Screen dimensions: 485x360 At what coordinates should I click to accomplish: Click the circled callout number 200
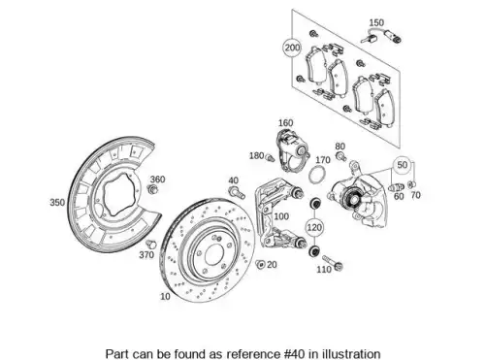tap(292, 48)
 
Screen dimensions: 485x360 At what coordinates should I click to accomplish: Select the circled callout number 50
tap(402, 165)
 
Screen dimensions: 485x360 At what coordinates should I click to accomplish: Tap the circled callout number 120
tap(314, 227)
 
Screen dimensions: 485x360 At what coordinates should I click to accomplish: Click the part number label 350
tap(57, 203)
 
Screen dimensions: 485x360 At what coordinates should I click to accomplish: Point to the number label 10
tap(165, 296)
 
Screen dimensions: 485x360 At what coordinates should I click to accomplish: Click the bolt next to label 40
tap(237, 192)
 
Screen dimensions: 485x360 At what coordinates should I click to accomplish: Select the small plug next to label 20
tap(260, 264)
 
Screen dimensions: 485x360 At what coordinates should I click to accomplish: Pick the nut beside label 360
tap(152, 189)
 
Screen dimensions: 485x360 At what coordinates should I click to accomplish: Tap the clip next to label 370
tap(150, 244)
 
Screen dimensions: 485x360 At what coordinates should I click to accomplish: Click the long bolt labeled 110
tap(333, 263)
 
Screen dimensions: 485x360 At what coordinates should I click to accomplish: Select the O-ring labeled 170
tap(316, 174)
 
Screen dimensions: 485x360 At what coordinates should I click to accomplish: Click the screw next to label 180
tap(270, 158)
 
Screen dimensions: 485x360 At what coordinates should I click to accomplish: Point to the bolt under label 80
tap(340, 156)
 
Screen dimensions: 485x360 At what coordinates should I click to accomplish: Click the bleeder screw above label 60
tap(396, 187)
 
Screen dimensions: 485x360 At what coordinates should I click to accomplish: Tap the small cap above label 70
tap(412, 184)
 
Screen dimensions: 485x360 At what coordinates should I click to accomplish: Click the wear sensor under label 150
tap(381, 36)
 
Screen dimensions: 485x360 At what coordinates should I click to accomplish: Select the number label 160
tap(286, 123)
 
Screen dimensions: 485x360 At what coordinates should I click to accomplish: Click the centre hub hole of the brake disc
tap(214, 253)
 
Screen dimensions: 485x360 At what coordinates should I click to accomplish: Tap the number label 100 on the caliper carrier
tap(281, 216)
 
